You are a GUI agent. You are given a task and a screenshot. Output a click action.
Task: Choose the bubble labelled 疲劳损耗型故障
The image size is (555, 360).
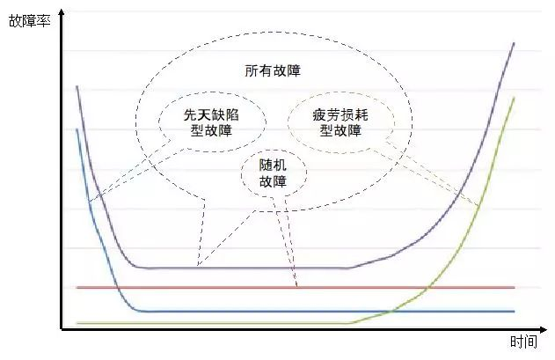coord(337,122)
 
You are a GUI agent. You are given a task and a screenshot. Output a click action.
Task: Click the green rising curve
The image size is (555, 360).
coord(457,246)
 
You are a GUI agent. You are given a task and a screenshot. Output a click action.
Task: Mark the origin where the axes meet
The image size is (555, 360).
coord(62,329)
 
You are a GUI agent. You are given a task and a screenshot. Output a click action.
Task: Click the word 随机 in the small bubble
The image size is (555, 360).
coord(273,165)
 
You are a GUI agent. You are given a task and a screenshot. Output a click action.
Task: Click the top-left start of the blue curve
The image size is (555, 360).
coord(77,130)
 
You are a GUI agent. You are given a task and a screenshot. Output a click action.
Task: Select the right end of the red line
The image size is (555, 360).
coord(514,287)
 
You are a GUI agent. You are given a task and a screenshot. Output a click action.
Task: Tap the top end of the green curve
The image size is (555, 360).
coord(514,98)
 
